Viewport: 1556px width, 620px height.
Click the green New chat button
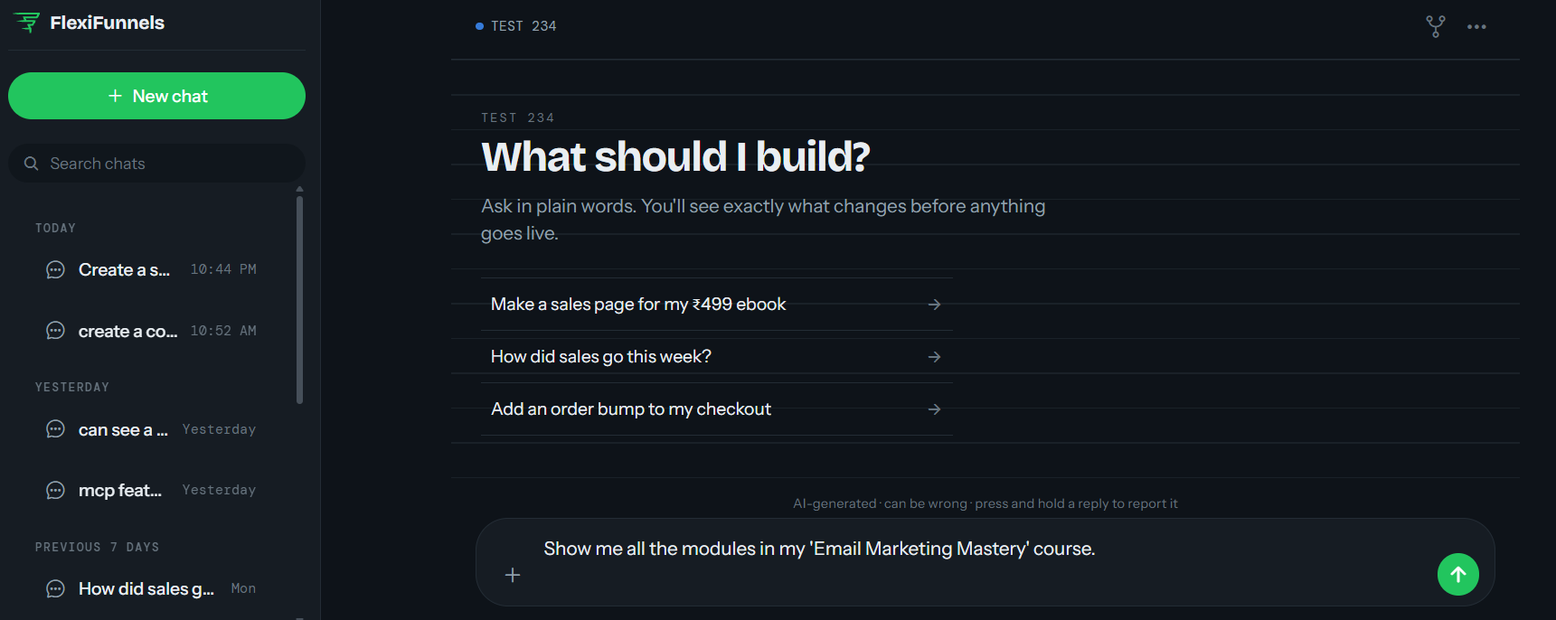pos(156,96)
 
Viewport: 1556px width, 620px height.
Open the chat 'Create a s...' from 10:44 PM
pos(151,269)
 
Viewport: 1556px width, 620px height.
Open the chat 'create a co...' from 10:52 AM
pos(151,331)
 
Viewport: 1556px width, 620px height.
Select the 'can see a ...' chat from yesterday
pos(151,429)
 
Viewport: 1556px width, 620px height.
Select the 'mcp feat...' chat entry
pos(151,490)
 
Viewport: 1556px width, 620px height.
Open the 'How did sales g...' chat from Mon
pos(151,588)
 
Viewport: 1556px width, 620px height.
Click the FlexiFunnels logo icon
pos(27,23)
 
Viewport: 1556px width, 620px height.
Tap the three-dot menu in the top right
pos(1476,27)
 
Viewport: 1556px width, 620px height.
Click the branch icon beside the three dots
pos(1436,26)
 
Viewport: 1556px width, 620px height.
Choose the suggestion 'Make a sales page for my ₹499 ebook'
pos(717,305)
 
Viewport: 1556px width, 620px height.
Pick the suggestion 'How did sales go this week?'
pos(717,357)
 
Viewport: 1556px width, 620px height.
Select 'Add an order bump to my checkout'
pos(717,409)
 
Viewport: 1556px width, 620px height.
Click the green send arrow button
pos(1458,574)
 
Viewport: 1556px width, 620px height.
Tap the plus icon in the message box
pos(513,575)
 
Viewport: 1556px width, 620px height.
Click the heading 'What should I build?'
pos(675,156)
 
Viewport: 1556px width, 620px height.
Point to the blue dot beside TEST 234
pos(479,26)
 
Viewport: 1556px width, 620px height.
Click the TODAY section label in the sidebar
pos(55,228)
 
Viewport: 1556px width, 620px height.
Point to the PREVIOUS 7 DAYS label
pos(97,547)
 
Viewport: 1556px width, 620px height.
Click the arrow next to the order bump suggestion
pos(935,409)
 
